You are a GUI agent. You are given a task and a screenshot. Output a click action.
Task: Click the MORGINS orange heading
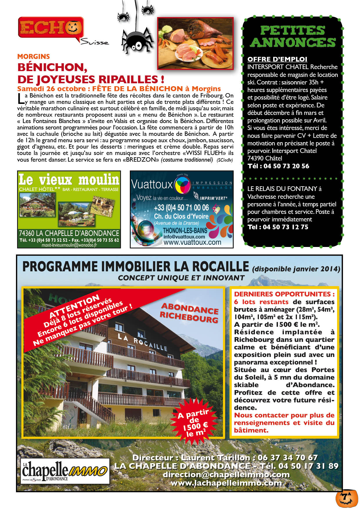coord(33,57)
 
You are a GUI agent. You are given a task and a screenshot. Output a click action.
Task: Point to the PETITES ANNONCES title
coord(293,36)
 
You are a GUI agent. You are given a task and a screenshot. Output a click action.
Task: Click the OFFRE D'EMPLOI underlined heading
coord(277,59)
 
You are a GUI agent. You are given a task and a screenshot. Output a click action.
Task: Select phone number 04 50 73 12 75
coord(285,227)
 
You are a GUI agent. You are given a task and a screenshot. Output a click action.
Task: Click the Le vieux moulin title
coord(69,180)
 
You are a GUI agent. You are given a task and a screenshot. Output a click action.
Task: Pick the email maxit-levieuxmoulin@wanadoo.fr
coord(69,245)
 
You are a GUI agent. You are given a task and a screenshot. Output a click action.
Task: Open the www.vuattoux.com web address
coord(192,242)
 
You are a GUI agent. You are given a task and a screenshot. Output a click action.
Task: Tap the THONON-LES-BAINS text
coord(185,231)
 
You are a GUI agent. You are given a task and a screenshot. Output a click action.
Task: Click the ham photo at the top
coord(195,43)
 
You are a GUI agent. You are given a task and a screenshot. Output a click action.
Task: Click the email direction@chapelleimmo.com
coord(226,474)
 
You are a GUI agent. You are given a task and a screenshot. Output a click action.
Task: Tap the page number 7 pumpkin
coord(347,498)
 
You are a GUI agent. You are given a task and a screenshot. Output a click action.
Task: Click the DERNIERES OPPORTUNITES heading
coord(284,294)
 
